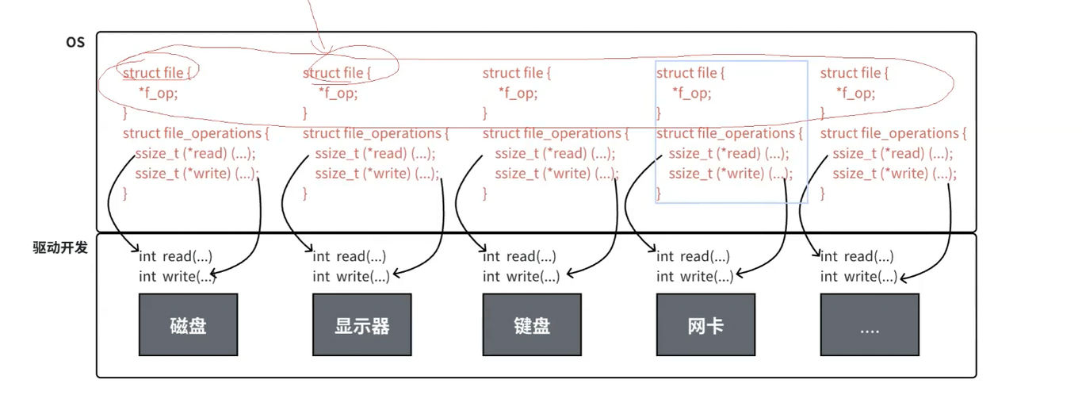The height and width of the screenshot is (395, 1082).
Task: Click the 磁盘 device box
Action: click(x=188, y=324)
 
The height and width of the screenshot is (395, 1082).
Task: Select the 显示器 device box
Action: click(x=361, y=324)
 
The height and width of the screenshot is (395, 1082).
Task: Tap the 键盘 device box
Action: click(x=531, y=324)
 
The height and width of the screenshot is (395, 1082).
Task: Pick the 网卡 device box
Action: click(x=705, y=324)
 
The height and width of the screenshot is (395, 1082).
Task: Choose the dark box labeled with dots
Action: click(x=870, y=324)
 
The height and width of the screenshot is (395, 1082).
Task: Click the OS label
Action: click(x=75, y=42)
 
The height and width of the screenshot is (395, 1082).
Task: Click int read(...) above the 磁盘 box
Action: click(x=175, y=256)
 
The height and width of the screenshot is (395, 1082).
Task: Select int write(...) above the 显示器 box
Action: click(x=350, y=276)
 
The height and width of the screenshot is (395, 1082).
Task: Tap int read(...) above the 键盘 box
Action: click(x=519, y=256)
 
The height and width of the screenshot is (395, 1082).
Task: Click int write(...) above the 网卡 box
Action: click(x=694, y=276)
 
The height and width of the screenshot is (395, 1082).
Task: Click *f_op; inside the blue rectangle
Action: click(x=691, y=93)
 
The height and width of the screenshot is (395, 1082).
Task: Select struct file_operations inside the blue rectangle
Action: click(x=729, y=133)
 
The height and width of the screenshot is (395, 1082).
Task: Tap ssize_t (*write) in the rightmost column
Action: click(x=893, y=174)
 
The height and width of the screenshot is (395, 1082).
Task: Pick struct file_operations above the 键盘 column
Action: click(x=555, y=133)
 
